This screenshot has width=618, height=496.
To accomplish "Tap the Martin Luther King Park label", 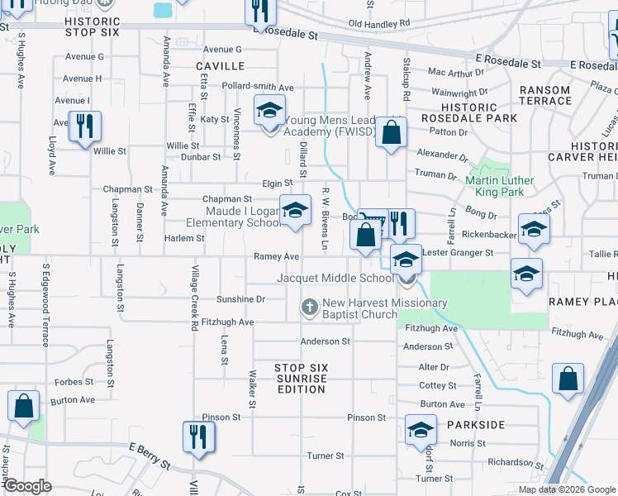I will click(x=500, y=186).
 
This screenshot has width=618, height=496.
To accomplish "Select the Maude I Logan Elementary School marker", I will click(x=295, y=210).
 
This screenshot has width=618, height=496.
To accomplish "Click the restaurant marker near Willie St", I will click(x=84, y=126).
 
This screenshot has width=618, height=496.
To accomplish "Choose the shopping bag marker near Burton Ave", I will click(x=24, y=406).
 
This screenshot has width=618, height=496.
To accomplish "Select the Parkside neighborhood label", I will click(x=476, y=424).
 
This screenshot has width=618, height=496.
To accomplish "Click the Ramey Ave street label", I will click(x=276, y=256).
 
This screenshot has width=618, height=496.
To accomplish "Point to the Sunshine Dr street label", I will click(x=240, y=299).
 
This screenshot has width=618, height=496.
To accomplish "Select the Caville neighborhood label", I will click(x=220, y=65).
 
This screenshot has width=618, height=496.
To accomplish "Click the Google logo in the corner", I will click(x=28, y=486).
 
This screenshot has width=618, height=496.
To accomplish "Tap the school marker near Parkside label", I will click(x=420, y=430).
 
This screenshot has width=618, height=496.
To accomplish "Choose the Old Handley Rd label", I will click(x=379, y=24).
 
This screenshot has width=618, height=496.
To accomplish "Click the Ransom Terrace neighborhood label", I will click(x=544, y=95).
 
